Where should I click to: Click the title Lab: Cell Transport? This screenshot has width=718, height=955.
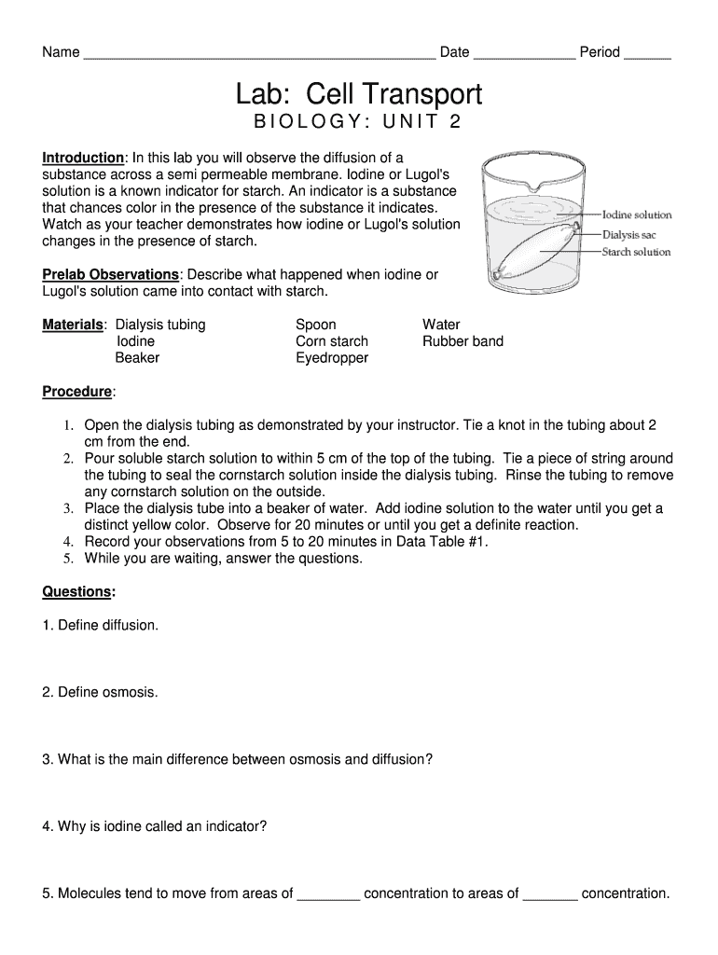[358, 94]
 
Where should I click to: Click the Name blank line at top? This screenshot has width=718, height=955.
[259, 54]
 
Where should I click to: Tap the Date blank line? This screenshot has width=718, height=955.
[524, 54]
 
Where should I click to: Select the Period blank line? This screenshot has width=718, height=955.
[647, 54]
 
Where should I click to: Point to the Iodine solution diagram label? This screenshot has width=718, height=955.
[637, 215]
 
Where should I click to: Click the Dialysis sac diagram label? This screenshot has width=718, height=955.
[629, 234]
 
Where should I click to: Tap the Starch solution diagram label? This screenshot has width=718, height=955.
[636, 252]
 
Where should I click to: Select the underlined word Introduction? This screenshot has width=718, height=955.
[83, 159]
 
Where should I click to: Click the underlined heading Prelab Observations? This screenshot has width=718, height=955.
[110, 275]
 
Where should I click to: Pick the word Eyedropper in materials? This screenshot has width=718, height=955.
[332, 358]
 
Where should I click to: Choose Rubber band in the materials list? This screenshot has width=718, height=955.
[463, 341]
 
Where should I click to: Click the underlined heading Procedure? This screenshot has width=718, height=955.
[76, 392]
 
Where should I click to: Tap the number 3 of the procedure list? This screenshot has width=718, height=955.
[68, 509]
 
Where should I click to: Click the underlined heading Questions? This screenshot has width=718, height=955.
[77, 592]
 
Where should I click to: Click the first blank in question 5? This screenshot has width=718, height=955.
[328, 894]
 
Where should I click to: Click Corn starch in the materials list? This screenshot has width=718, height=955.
[332, 341]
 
